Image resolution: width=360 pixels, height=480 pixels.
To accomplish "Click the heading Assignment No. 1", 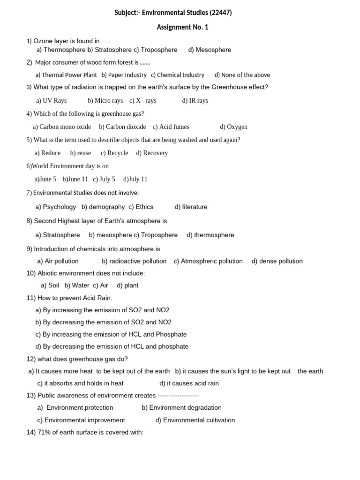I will pos(182,27).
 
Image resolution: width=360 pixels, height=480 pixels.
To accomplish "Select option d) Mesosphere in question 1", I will pos(210,50).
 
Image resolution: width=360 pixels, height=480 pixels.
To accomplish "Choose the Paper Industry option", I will pos(124,75).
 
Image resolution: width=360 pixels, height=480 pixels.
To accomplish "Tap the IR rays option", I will pos(195,101).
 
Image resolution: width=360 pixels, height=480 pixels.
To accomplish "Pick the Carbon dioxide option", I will pos(122,127).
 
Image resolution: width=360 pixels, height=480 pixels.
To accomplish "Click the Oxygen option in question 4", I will pos(233,127).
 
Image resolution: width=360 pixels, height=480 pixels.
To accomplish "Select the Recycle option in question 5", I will pos(114,153).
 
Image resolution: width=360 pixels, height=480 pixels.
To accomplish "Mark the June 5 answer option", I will pos(45,179).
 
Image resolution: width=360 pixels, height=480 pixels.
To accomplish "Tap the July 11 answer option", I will pos(135,179).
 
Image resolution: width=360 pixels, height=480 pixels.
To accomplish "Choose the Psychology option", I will pos(56,207).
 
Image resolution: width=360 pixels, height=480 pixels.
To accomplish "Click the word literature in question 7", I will pos(191,207).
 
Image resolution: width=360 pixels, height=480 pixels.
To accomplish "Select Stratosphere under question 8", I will pos(58,235).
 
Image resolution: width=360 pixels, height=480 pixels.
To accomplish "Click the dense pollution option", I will pos(277,261).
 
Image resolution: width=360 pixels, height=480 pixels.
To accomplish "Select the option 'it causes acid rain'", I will pos(189,383).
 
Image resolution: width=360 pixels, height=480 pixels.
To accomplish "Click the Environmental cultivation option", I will pos(195,420).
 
